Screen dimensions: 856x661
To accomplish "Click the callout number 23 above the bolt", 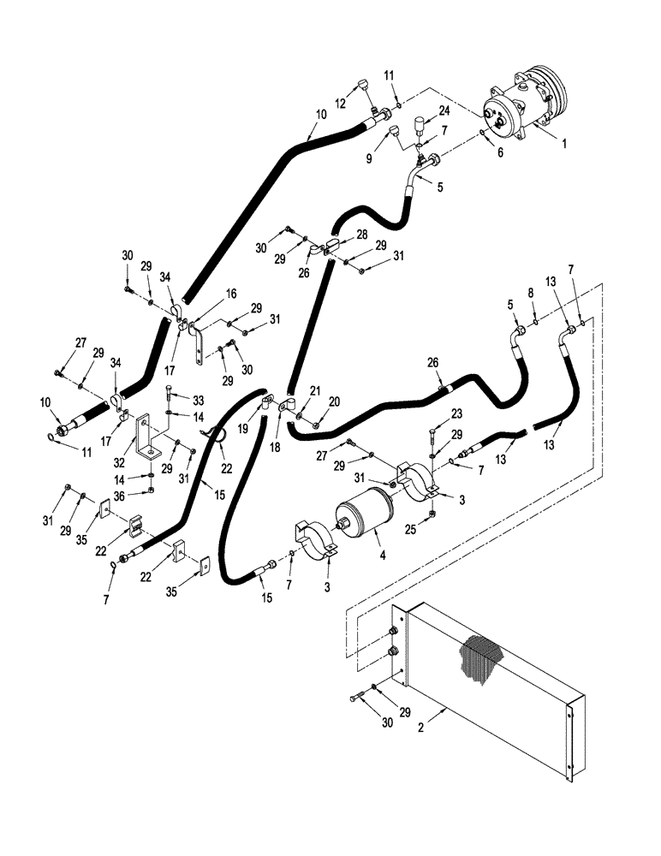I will pos(457,413).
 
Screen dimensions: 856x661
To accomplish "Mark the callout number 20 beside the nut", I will pos(334,401).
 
